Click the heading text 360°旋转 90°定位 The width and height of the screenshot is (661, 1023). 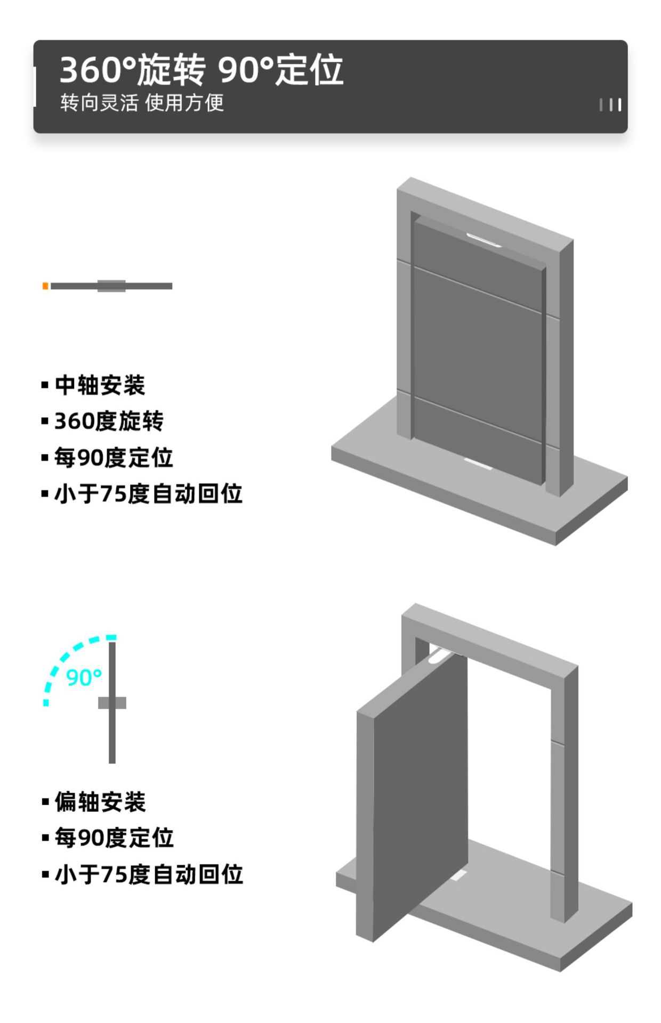[x=201, y=70]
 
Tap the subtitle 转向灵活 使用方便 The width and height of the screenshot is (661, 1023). [x=142, y=103]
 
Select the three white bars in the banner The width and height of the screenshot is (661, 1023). [x=610, y=104]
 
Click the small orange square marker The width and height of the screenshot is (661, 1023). [x=45, y=286]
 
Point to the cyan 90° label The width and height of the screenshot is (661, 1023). [x=84, y=678]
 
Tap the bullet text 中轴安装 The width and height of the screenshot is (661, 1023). [x=100, y=385]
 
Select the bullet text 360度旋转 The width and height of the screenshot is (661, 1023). [x=109, y=421]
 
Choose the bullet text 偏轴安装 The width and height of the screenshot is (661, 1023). [x=100, y=802]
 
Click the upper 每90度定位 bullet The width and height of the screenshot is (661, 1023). [x=114, y=458]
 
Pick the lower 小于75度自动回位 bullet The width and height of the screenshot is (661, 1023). [x=149, y=874]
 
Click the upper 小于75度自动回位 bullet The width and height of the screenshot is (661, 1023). [x=148, y=494]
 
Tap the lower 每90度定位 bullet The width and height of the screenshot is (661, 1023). [x=114, y=838]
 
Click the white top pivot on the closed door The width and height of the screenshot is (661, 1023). [x=483, y=240]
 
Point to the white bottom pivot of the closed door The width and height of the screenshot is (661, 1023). [x=477, y=465]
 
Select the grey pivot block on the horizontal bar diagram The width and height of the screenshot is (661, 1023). [x=111, y=286]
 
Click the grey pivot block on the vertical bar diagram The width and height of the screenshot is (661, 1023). [x=112, y=703]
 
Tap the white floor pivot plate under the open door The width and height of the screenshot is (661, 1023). [x=459, y=875]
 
